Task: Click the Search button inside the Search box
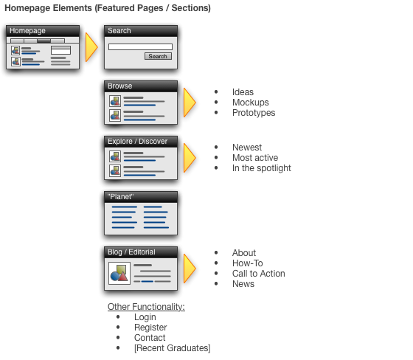pos(158,56)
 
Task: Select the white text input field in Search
pos(140,47)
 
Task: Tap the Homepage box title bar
pos(43,31)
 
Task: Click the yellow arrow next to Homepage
pos(91,47)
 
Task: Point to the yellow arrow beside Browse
pos(190,103)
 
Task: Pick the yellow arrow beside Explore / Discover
pos(190,158)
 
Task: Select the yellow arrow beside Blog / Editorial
pos(190,269)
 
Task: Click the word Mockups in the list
pos(251,103)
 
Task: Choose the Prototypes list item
pos(254,113)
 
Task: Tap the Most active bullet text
pos(255,158)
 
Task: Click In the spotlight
pos(262,168)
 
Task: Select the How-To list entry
pos(248,263)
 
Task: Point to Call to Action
pos(259,274)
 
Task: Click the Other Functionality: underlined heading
pos(146,307)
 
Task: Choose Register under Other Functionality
pos(150,328)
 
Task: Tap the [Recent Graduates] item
pos(173,348)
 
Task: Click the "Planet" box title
pos(121,197)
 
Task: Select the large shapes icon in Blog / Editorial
pos(119,273)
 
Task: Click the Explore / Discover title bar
pos(141,142)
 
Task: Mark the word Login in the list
pos(145,317)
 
